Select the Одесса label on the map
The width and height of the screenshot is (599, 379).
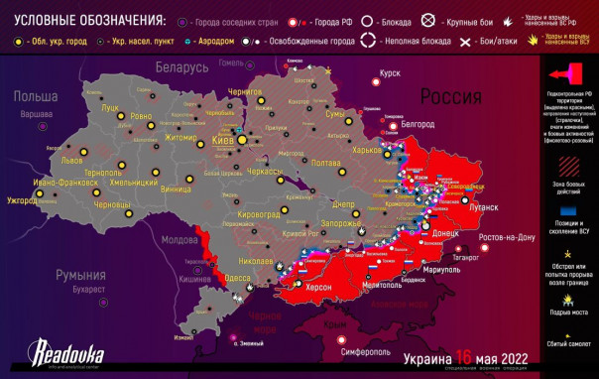click(238, 277)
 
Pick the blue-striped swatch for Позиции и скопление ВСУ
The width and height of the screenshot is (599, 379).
click(569, 212)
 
